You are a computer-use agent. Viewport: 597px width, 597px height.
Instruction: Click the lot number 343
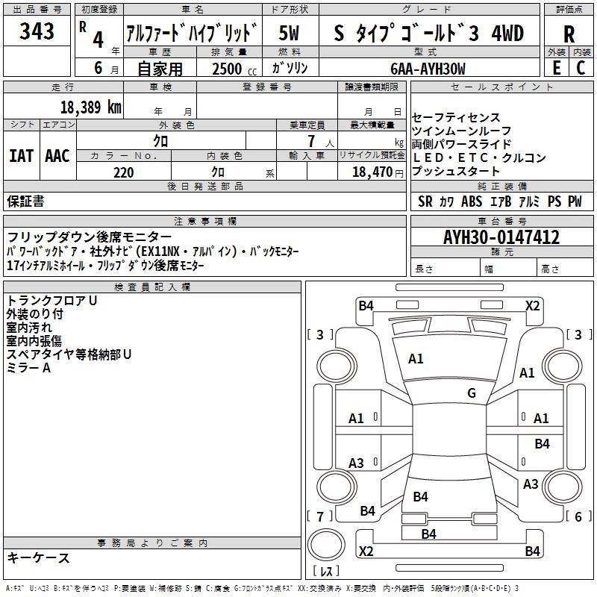pyautogui.click(x=37, y=32)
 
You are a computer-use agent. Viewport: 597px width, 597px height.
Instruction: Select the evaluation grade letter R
pyautogui.click(x=569, y=34)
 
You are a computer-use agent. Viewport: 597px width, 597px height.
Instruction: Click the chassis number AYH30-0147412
pyautogui.click(x=501, y=237)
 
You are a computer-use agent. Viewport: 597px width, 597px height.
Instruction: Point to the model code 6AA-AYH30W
pyautogui.click(x=428, y=69)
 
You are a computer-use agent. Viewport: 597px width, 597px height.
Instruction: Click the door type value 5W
pyautogui.click(x=290, y=34)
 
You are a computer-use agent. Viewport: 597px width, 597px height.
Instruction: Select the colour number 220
pyautogui.click(x=123, y=172)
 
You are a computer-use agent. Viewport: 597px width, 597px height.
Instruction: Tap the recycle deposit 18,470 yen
pyautogui.click(x=372, y=172)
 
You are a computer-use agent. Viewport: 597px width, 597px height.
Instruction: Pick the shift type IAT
pyautogui.click(x=21, y=156)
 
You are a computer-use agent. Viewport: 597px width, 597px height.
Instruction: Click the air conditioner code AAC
pyautogui.click(x=57, y=156)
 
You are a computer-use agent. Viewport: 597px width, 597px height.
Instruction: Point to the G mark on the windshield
pyautogui.click(x=471, y=393)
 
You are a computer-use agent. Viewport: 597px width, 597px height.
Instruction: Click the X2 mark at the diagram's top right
pyautogui.click(x=532, y=305)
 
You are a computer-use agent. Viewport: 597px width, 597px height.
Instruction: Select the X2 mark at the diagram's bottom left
pyautogui.click(x=366, y=551)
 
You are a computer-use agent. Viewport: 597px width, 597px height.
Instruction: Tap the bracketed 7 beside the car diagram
pyautogui.click(x=320, y=516)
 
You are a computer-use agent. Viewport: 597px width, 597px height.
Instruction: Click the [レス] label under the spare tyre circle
pyautogui.click(x=326, y=572)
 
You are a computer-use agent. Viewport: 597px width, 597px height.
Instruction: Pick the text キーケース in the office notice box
pyautogui.click(x=38, y=558)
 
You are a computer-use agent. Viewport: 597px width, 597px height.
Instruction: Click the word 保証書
pyautogui.click(x=25, y=201)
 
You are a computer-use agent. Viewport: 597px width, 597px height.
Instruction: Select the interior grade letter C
pyautogui.click(x=581, y=68)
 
